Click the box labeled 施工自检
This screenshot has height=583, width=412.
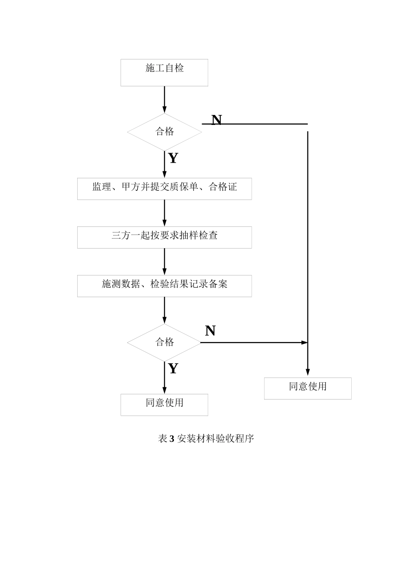pyautogui.click(x=164, y=72)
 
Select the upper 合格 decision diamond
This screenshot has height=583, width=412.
pyautogui.click(x=164, y=132)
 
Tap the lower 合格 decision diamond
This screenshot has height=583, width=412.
pyautogui.click(x=164, y=342)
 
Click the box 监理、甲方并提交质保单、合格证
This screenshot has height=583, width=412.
pyautogui.click(x=164, y=189)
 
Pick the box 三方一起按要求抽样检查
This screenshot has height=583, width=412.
pyautogui.click(x=164, y=237)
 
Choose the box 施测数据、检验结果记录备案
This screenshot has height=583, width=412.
pyautogui.click(x=164, y=286)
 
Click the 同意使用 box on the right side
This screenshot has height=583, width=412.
pyautogui.click(x=307, y=388)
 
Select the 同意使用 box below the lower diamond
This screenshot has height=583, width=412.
pyautogui.click(x=164, y=405)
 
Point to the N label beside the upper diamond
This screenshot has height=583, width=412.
pyautogui.click(x=216, y=120)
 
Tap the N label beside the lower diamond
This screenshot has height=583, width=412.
pyautogui.click(x=210, y=331)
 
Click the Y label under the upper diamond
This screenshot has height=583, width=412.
pyautogui.click(x=173, y=158)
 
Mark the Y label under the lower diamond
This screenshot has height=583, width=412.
pyautogui.click(x=173, y=369)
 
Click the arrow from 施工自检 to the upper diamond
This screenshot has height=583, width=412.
pyautogui.click(x=164, y=100)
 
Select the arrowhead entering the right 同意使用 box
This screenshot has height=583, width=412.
pyautogui.click(x=307, y=372)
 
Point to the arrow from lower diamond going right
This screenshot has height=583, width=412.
pyautogui.click(x=254, y=343)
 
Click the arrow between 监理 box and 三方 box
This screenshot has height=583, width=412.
pyautogui.click(x=164, y=213)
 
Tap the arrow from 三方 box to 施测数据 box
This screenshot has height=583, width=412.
pyautogui.click(x=164, y=262)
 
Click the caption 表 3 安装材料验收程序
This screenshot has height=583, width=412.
pyautogui.click(x=206, y=439)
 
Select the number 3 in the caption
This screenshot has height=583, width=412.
pyautogui.click(x=172, y=439)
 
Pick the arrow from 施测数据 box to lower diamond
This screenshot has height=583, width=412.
pyautogui.click(x=164, y=310)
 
